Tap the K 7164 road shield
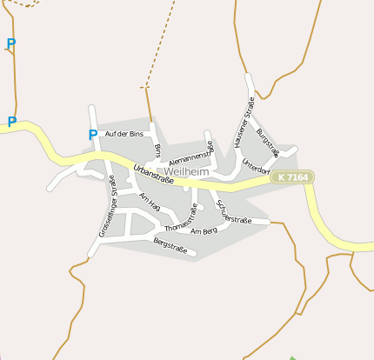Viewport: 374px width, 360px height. (x=291, y=177)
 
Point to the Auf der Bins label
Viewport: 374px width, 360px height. (x=124, y=134)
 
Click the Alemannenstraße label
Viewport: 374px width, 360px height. (x=191, y=155)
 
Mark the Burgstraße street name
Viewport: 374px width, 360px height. (x=268, y=142)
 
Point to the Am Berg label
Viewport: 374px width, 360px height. (x=204, y=230)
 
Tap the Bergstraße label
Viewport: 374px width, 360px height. (x=170, y=244)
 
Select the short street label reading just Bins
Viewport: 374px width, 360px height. (x=157, y=150)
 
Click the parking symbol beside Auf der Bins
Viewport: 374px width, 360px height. (x=92, y=135)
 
